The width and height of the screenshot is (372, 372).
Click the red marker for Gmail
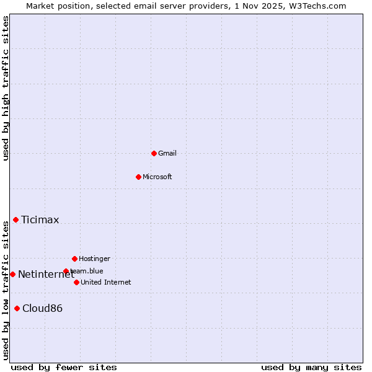[154, 153]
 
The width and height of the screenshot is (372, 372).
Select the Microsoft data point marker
[138, 177]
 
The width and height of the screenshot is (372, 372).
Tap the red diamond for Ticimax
[15, 219]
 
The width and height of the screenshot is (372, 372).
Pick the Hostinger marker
[74, 259]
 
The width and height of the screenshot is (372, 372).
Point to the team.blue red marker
[66, 271]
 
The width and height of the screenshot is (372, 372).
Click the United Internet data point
[76, 282]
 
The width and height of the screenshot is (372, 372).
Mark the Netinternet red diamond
[12, 274]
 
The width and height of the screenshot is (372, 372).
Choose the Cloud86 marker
[17, 308]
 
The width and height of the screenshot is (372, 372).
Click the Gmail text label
[167, 153]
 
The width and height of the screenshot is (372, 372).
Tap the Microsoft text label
[157, 177]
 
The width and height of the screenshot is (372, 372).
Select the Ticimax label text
[40, 219]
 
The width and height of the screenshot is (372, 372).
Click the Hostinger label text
[94, 259]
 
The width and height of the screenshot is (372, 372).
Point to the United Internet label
[106, 282]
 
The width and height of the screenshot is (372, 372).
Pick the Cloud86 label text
[42, 308]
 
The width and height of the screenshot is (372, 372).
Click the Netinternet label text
[46, 274]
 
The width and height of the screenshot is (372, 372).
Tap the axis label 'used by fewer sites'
[64, 367]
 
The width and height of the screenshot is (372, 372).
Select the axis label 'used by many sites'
[311, 367]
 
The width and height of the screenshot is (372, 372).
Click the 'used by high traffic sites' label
[6, 88]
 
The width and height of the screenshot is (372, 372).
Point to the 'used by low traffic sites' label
[6, 290]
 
